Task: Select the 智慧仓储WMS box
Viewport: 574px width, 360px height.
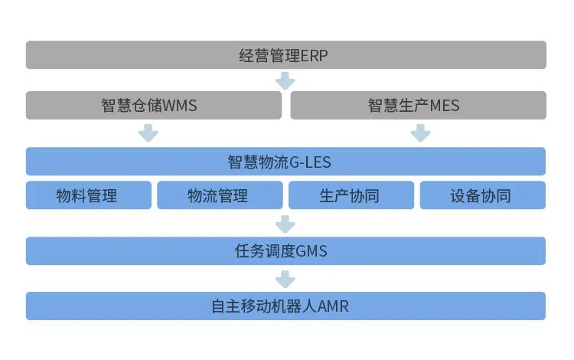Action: [x=149, y=106]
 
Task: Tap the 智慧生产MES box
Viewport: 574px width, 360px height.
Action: [x=418, y=106]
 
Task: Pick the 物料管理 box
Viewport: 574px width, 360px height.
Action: [x=88, y=195]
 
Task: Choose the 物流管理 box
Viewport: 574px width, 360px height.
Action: [x=219, y=195]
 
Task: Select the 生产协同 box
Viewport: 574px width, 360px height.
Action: [x=351, y=195]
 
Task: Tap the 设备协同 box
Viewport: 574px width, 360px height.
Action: [x=482, y=195]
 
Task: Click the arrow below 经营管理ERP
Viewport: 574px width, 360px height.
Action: [x=285, y=80]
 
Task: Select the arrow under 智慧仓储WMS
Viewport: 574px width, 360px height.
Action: [x=148, y=133]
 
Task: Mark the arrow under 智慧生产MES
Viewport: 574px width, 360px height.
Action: [x=420, y=133]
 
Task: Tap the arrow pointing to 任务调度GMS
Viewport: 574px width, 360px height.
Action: [x=285, y=224]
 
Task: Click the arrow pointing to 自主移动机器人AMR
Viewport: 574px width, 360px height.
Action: [x=285, y=279]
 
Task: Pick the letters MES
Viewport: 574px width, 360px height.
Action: [x=445, y=106]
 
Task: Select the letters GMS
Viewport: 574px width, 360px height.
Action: [x=311, y=251]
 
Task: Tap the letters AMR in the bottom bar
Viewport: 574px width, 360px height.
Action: [x=334, y=306]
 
